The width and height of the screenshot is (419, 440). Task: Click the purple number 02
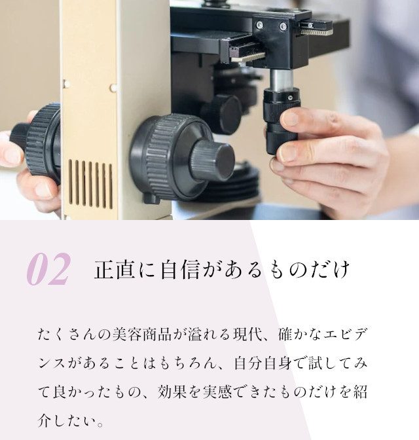click(x=48, y=269)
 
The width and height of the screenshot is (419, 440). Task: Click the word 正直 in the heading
click(x=115, y=270)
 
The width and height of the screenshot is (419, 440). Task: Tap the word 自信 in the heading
click(x=180, y=270)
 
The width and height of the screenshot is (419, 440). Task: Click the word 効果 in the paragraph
click(x=172, y=392)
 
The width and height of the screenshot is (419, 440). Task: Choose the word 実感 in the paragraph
click(x=217, y=392)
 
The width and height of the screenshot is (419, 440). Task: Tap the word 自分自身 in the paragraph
click(x=263, y=363)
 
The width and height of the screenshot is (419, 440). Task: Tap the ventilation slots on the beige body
click(x=90, y=184)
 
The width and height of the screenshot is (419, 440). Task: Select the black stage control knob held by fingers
click(x=281, y=120)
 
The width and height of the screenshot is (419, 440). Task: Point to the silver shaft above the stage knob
click(x=281, y=80)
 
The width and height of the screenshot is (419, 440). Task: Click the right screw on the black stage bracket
click(x=283, y=27)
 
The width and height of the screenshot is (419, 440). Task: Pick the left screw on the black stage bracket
click(x=260, y=25)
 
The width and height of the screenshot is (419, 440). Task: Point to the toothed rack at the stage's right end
click(x=317, y=31)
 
